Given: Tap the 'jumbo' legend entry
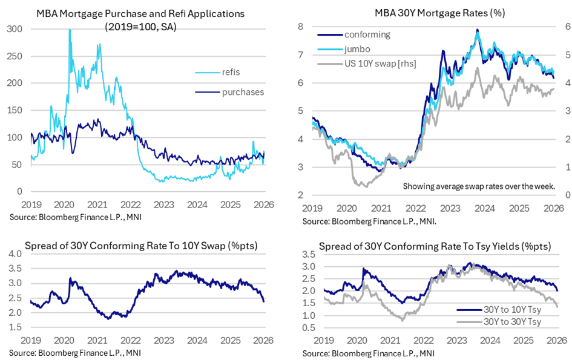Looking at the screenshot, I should coord(357,49).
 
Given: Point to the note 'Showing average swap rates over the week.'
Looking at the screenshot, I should coord(479,186).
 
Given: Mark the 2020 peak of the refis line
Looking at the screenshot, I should coord(70,30).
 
